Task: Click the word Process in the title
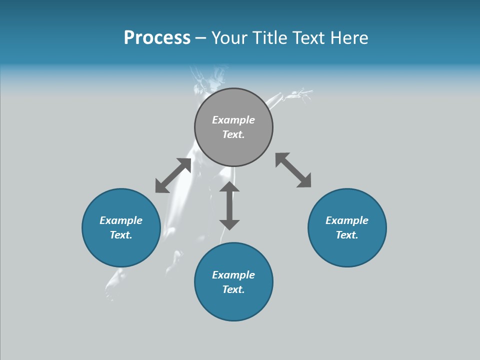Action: (x=157, y=38)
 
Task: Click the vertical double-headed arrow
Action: (x=229, y=205)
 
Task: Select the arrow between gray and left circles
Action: (x=173, y=175)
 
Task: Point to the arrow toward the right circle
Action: (x=293, y=170)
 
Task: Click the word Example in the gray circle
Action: (x=233, y=120)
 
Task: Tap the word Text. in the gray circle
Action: (x=233, y=134)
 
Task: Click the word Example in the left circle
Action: (x=121, y=220)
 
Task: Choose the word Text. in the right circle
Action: (x=347, y=235)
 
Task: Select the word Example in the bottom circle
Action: (x=233, y=275)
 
